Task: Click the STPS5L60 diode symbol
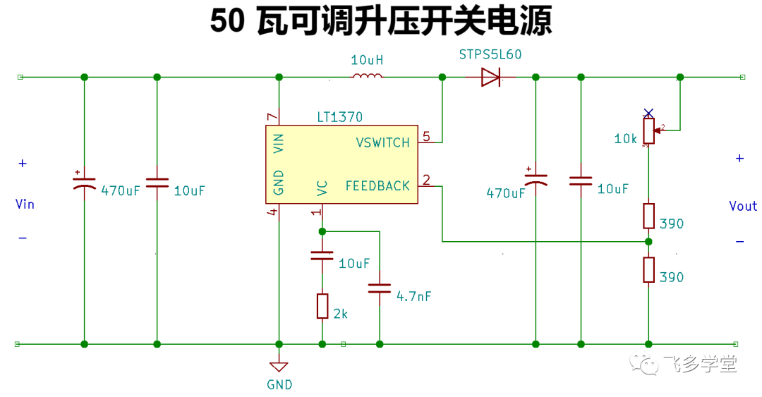tap(490, 77)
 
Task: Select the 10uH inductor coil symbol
tap(367, 75)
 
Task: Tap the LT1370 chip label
tap(339, 117)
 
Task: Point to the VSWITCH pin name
tap(383, 142)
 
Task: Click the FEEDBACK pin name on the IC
tap(377, 185)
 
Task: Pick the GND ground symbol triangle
tap(279, 367)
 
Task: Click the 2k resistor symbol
tap(322, 306)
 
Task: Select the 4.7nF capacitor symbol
tap(379, 288)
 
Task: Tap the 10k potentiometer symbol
tap(649, 130)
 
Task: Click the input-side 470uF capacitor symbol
tap(84, 182)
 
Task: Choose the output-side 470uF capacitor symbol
tap(536, 179)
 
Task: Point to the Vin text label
tap(25, 204)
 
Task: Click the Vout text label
tap(743, 206)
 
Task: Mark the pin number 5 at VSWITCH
tap(426, 137)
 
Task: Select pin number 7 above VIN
tap(272, 116)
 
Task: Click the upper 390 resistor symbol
tap(649, 216)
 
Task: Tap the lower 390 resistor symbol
tap(649, 269)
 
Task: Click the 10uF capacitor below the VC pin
tap(322, 255)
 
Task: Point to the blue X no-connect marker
tap(648, 114)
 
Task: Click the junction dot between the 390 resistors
tap(648, 241)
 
